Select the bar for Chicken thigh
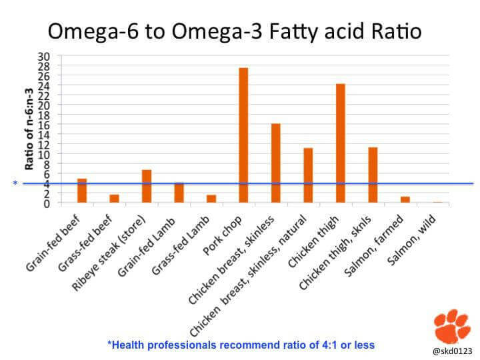point(340,143)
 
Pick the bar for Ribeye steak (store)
point(147,186)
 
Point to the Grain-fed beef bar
point(82,191)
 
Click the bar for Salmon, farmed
point(405,199)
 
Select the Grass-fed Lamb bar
point(211,199)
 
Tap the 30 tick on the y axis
point(47,56)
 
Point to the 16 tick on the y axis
point(47,125)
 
